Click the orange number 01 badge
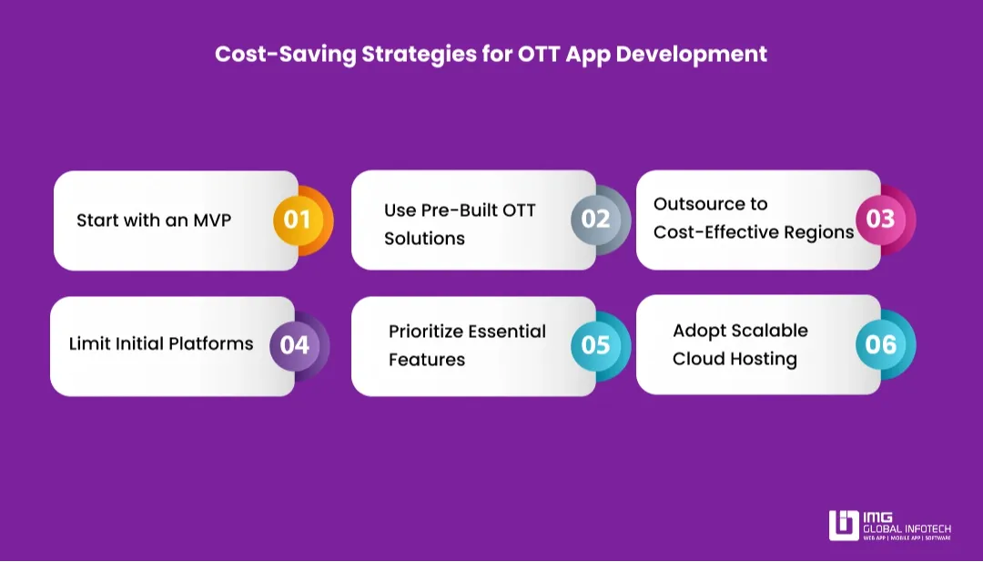[298, 220]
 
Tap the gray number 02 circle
[595, 220]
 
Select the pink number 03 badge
[880, 219]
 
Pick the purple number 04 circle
[294, 345]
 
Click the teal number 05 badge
[595, 345]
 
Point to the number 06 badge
[880, 344]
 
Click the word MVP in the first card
[212, 220]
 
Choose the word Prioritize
[425, 332]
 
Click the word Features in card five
[427, 360]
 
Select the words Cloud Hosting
[735, 359]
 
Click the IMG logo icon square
[844, 526]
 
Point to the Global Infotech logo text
[907, 528]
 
